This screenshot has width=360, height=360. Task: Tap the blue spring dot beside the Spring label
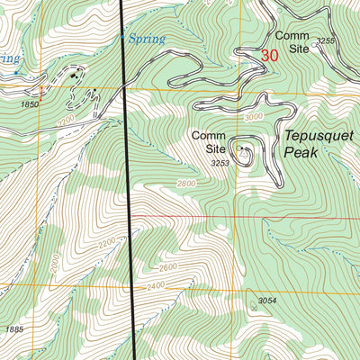click(x=123, y=37)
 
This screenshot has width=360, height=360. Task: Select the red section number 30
click(x=268, y=55)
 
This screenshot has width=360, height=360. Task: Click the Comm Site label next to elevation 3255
click(x=292, y=41)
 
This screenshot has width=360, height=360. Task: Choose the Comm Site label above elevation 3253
click(x=207, y=141)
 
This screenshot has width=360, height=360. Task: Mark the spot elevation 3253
click(x=219, y=164)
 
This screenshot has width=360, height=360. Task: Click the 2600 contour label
click(x=167, y=267)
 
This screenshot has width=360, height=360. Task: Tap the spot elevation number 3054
click(x=267, y=300)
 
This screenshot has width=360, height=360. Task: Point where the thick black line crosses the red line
click(x=130, y=216)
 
